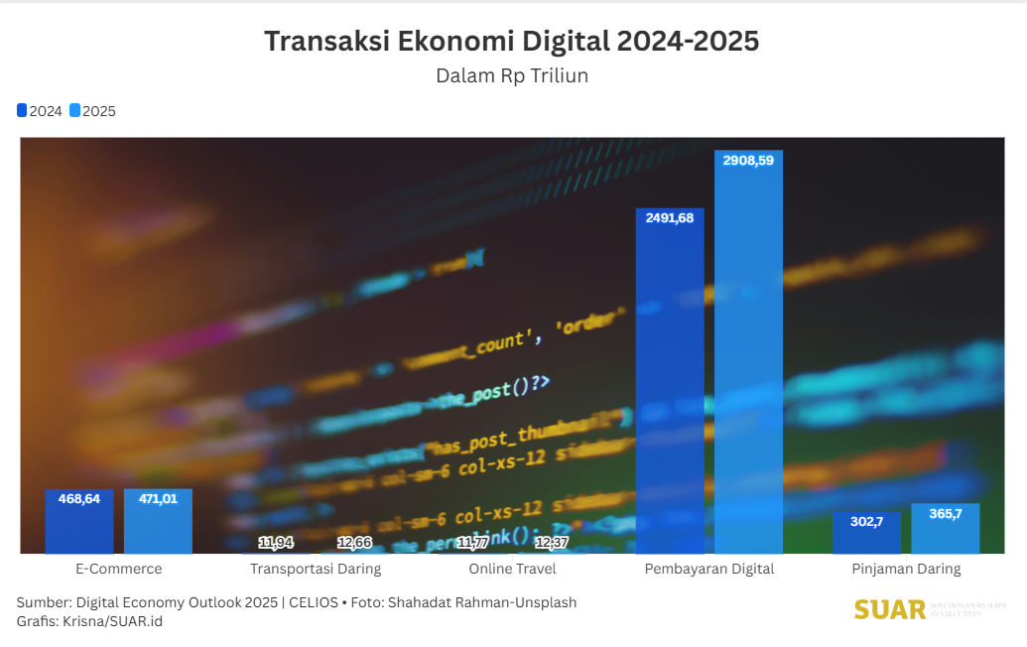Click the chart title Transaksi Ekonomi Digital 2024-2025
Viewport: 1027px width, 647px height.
pos(511,42)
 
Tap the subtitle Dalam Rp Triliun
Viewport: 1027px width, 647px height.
pos(512,76)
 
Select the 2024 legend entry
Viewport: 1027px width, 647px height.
pos(40,111)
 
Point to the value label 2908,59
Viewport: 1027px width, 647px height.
pos(748,160)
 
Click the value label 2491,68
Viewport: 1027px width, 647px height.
pos(670,218)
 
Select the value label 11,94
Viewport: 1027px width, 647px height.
pos(276,542)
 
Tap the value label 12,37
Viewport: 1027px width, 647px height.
pos(552,542)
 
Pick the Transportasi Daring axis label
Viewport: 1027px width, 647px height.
pos(316,570)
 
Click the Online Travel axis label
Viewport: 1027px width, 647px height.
pos(512,570)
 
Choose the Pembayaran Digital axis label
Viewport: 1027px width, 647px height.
pos(708,570)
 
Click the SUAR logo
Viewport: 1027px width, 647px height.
pos(889,609)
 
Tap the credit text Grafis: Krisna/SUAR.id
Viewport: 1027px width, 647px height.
pos(89,621)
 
